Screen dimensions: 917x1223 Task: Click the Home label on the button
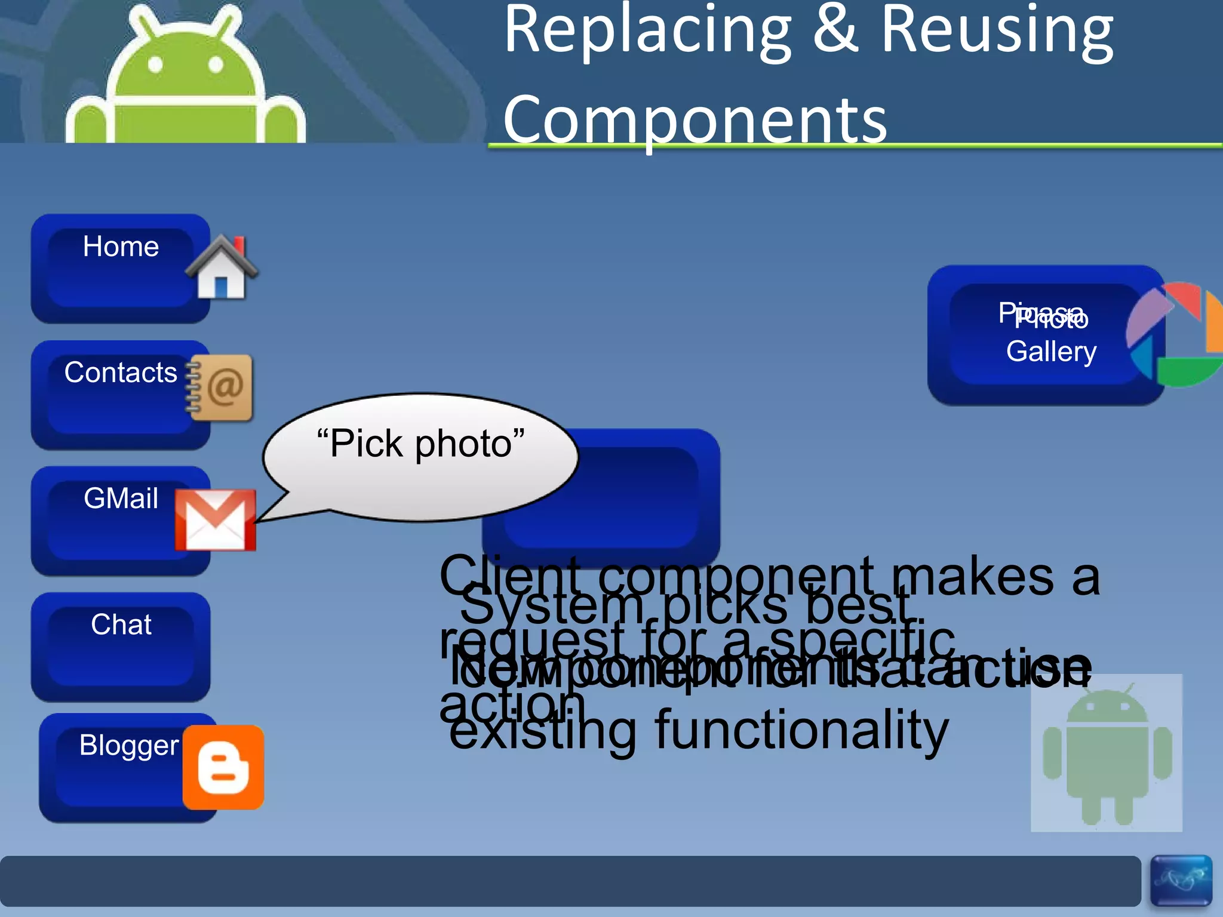tap(121, 247)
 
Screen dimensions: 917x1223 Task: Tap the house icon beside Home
tap(222, 268)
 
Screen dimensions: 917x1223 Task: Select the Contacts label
tap(121, 373)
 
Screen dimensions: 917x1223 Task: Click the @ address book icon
tap(221, 387)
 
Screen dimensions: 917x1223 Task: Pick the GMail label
tap(121, 498)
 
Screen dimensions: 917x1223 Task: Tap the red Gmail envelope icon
tap(216, 520)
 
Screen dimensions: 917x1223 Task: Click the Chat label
tap(121, 624)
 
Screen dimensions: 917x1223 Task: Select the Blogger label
tap(128, 745)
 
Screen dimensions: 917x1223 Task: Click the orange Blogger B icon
tap(223, 768)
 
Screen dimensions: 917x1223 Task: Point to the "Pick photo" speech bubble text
tap(421, 444)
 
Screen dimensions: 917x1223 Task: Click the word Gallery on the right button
tap(1051, 351)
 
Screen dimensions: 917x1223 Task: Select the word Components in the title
tap(695, 121)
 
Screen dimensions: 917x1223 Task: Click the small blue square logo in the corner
tap(1181, 880)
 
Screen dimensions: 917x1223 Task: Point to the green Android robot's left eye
tap(155, 64)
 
